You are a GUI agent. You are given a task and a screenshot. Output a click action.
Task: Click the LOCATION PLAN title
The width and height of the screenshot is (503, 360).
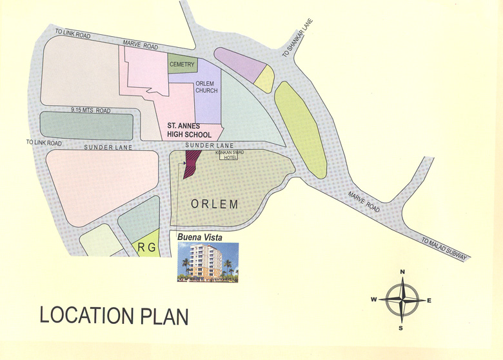pos(113,316)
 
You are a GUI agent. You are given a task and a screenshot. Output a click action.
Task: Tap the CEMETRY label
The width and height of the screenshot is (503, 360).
pos(181,65)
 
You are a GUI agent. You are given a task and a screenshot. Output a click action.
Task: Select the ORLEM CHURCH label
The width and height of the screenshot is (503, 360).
pos(207,87)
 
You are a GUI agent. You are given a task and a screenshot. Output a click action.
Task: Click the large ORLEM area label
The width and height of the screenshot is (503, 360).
pos(215,204)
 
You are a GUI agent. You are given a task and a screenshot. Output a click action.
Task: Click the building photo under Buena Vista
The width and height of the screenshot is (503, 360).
pos(208,262)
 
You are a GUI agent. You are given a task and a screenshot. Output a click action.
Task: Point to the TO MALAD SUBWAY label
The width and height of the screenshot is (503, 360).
pos(447,249)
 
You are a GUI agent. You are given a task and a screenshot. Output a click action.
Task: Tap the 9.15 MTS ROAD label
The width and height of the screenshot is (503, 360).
pos(91,111)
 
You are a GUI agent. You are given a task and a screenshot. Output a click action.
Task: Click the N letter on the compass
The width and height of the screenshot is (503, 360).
pos(402,272)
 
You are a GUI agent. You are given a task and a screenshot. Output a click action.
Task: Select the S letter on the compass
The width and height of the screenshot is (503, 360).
pos(401,328)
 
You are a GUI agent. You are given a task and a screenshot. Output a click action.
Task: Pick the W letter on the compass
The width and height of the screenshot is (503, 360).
pos(373,300)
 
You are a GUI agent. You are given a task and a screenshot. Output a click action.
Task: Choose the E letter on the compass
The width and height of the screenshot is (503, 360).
pos(429,300)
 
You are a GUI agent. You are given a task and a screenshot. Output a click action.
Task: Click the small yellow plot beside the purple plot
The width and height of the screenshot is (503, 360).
pos(264,79)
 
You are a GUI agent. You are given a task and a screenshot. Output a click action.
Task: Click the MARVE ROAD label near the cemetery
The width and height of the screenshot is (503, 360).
pos(141,45)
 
